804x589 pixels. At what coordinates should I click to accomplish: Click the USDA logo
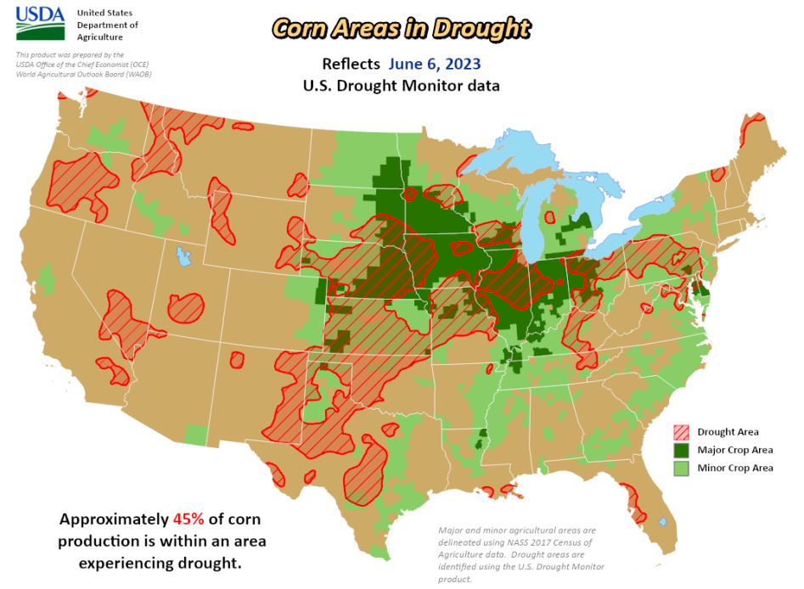[40, 24]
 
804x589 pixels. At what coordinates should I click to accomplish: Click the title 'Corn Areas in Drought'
[402, 28]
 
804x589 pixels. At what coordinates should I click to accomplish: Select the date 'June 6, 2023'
[436, 64]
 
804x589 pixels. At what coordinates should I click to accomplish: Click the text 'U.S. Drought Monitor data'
[401, 86]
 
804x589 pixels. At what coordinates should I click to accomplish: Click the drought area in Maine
[752, 129]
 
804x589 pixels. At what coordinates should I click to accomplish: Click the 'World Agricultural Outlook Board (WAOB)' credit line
[83, 74]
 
